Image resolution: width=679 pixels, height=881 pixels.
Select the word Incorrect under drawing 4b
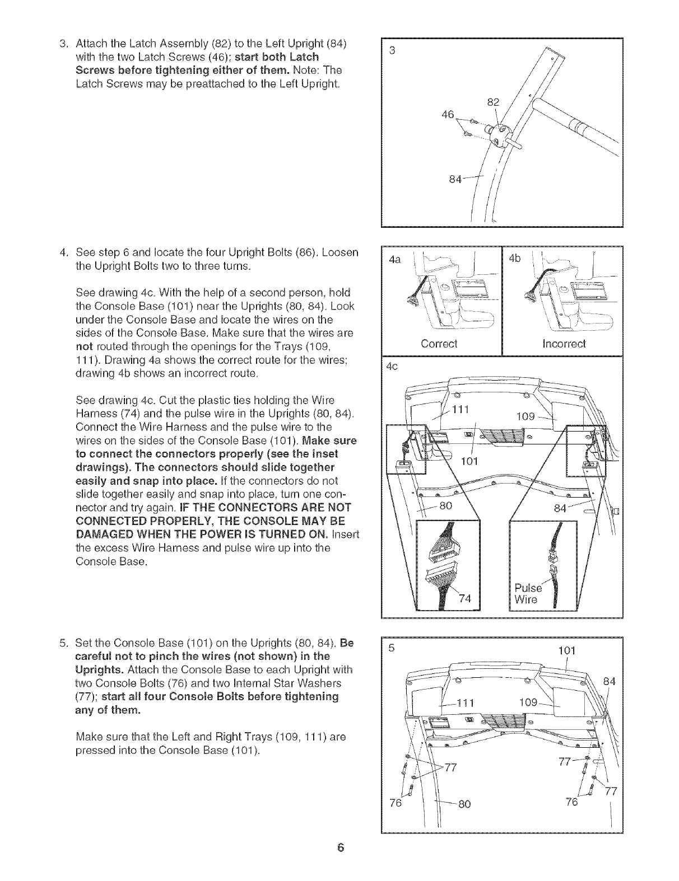564,343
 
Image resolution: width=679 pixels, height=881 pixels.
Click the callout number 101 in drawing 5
568,651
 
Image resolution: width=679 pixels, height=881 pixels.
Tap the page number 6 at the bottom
340,847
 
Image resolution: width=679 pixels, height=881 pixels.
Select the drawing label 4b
514,259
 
